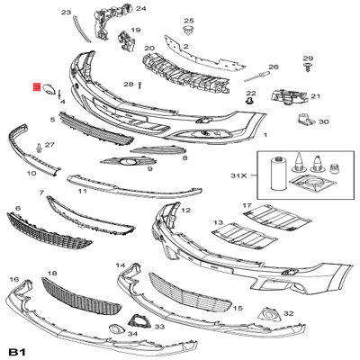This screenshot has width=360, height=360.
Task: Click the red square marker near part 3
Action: pyautogui.click(x=36, y=88)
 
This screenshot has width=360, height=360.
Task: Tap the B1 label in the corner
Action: pyautogui.click(x=17, y=349)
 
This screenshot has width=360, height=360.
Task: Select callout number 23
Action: pyautogui.click(x=65, y=13)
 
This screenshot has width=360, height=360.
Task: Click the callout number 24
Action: pyautogui.click(x=139, y=8)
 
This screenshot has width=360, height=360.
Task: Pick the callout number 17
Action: pyautogui.click(x=246, y=206)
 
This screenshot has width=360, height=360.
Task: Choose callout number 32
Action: pyautogui.click(x=288, y=313)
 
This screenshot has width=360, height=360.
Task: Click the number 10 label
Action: pyautogui.click(x=31, y=173)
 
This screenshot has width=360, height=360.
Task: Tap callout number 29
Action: pyautogui.click(x=307, y=57)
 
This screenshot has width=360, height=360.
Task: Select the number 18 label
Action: pyautogui.click(x=51, y=272)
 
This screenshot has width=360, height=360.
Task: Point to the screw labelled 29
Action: pyautogui.click(x=307, y=67)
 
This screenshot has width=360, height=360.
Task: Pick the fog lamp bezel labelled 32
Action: pyautogui.click(x=267, y=314)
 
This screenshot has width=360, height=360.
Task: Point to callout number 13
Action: pyautogui.click(x=217, y=221)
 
